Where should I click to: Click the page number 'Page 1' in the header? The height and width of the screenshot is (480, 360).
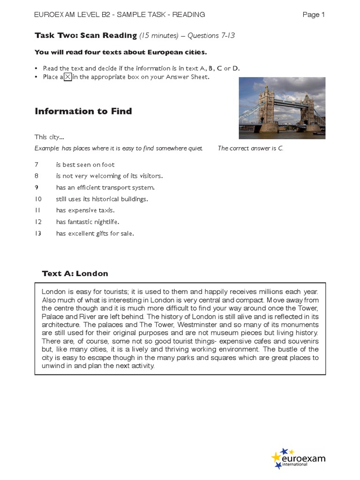point(314,15)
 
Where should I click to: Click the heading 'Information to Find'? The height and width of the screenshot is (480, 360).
point(83,111)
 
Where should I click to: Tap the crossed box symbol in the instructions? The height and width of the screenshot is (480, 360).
point(67,77)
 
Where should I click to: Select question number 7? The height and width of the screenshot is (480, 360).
point(37,165)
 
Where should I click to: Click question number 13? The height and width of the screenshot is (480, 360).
point(38,233)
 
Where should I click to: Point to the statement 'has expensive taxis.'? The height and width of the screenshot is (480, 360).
point(85,210)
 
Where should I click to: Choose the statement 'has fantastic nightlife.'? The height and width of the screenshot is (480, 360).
point(88,222)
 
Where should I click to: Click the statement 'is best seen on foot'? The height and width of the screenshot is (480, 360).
point(85,165)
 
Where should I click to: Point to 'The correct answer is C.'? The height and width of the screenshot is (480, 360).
point(250,149)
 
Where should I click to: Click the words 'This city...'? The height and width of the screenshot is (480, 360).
point(49,137)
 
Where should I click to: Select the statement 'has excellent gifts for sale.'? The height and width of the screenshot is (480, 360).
point(95,233)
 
